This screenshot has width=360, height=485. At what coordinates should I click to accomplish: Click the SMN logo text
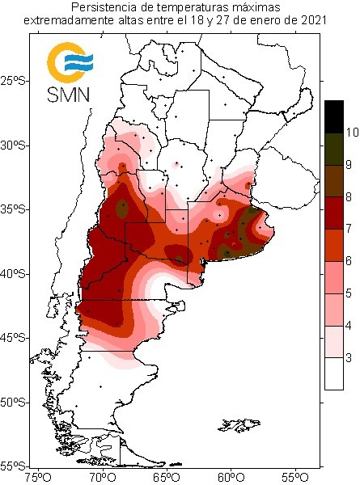[69, 95]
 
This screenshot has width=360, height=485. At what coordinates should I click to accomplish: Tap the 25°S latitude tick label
[15, 81]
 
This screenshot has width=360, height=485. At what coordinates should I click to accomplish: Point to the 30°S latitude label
[15, 145]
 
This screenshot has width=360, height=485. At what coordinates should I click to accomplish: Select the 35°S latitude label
[15, 209]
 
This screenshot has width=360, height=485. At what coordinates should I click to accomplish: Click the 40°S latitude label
[15, 274]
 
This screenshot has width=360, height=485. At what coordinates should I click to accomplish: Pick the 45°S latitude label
[15, 338]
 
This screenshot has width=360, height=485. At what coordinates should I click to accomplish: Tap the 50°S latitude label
[15, 403]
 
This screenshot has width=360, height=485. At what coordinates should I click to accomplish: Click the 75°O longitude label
[38, 479]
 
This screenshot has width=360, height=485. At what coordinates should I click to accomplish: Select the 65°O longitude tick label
[167, 479]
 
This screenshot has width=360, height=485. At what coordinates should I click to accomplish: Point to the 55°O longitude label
[296, 479]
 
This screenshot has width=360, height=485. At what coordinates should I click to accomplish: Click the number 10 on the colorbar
[352, 133]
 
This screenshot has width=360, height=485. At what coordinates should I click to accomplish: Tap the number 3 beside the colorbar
[349, 358]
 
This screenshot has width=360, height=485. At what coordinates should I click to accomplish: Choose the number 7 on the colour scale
[349, 229]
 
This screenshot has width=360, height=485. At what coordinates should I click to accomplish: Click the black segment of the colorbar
[334, 117]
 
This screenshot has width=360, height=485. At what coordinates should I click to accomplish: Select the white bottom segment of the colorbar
[334, 373]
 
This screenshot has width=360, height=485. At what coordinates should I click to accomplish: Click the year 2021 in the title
[313, 20]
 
